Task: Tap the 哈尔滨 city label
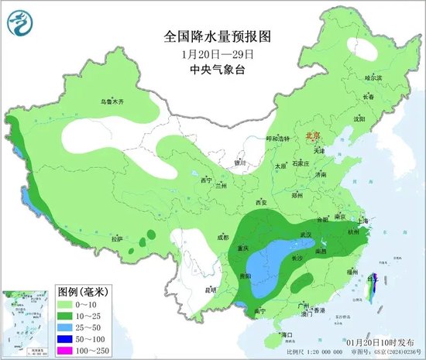click(373, 77)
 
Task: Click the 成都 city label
click(223, 237)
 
